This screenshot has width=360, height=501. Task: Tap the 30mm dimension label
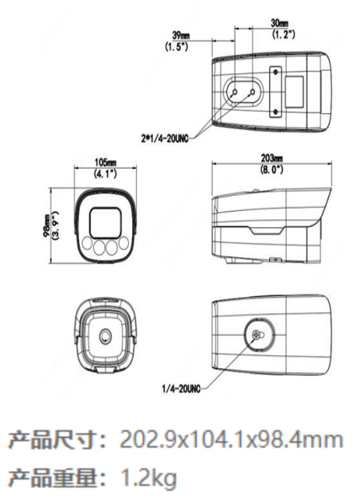click(280, 23)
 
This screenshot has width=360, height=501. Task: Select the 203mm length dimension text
click(272, 158)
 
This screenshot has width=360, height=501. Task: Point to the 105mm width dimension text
click(105, 162)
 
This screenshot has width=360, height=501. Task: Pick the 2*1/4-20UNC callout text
click(164, 139)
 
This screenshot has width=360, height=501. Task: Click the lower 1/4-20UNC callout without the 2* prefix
click(182, 389)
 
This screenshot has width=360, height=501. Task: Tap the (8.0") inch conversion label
click(272, 169)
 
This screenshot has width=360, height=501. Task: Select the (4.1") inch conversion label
click(105, 174)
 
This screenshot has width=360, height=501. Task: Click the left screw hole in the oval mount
click(234, 92)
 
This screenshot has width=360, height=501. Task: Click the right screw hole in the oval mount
click(252, 92)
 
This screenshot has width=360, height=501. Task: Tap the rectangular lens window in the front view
click(105, 223)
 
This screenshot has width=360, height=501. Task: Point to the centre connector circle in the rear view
click(105, 336)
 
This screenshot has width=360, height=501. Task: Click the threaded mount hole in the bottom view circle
click(256, 335)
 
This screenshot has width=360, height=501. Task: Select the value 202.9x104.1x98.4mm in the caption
click(231, 440)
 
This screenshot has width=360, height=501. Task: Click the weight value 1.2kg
click(148, 478)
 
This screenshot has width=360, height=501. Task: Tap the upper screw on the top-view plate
click(275, 72)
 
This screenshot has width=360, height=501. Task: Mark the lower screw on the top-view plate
click(275, 112)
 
